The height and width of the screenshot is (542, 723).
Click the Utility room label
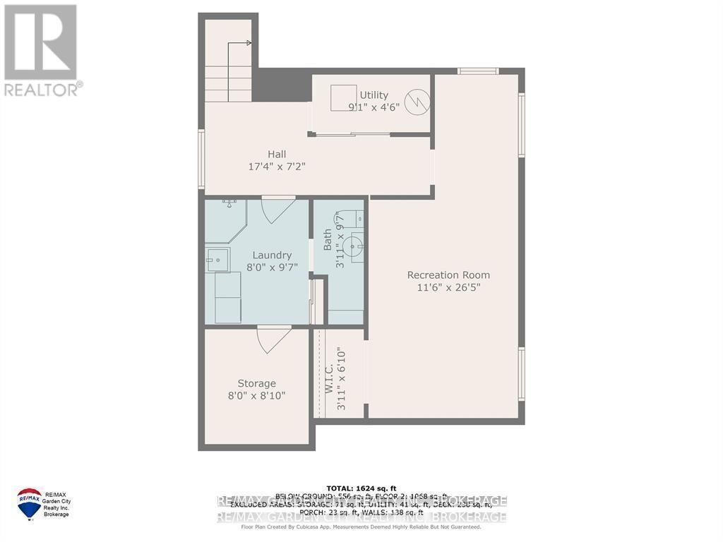374,95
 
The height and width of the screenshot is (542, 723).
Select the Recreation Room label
448,275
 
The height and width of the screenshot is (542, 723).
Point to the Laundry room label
272,255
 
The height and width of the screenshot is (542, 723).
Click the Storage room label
256,383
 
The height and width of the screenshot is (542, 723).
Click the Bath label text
328,243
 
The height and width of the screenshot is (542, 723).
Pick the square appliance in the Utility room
343,97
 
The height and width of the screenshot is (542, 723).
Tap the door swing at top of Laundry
277,210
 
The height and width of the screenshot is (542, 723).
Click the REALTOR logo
41,49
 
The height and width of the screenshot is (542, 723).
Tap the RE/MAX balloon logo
29,502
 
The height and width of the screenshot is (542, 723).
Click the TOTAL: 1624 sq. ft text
361,488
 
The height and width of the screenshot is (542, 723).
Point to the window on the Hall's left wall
201,159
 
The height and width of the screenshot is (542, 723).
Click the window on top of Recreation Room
478,71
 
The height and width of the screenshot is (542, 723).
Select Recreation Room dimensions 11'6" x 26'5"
448,288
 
